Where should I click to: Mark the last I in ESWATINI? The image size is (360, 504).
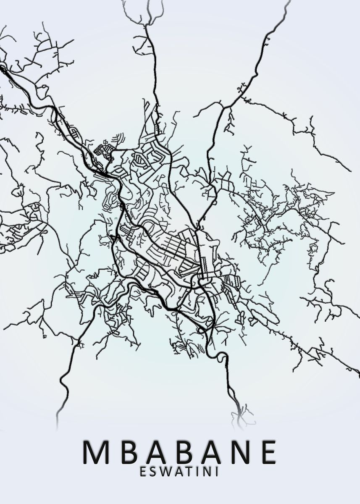click(215, 472)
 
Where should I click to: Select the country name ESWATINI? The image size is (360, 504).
click(180, 472)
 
